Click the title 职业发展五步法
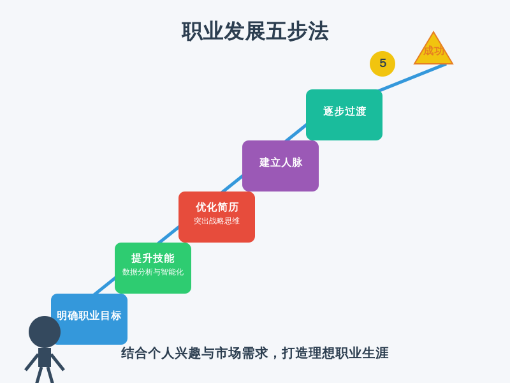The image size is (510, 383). click(x=255, y=31)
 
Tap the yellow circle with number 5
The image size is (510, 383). click(x=382, y=64)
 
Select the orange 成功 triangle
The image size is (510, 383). click(x=433, y=50)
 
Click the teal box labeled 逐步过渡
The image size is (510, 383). click(x=344, y=115)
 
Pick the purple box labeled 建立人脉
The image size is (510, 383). click(x=280, y=166)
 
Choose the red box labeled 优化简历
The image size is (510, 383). click(x=217, y=217)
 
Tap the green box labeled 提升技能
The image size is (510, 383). click(x=153, y=268)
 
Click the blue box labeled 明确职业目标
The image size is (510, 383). click(x=89, y=319)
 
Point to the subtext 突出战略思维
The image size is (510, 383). click(x=217, y=221)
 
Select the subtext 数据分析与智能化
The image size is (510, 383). click(x=153, y=272)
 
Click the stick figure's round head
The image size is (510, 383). click(x=45, y=332)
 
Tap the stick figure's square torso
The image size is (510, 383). click(x=45, y=357)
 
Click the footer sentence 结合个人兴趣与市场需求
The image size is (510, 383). click(x=194, y=354)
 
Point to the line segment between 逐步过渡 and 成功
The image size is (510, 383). click(x=412, y=77)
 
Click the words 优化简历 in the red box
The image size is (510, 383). click(x=217, y=207)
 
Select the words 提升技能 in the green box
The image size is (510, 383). click(x=153, y=259)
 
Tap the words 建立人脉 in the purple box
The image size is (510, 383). click(x=280, y=162)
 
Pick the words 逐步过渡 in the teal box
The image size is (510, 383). click(x=344, y=111)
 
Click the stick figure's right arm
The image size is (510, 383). click(x=57, y=362)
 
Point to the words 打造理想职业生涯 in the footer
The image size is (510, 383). click(x=335, y=354)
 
